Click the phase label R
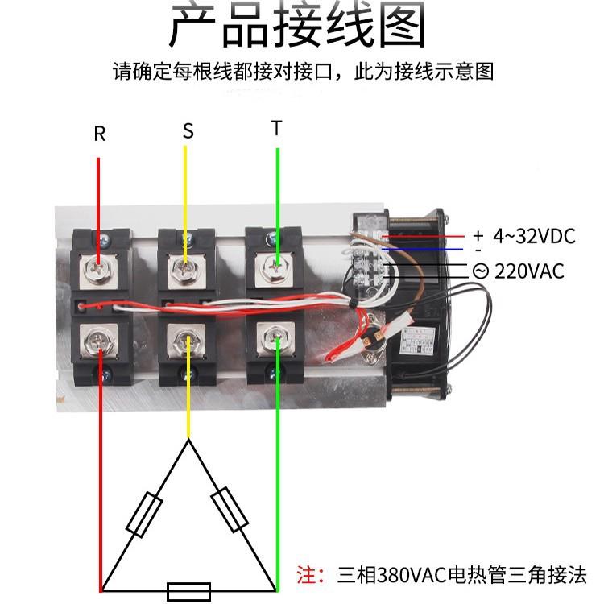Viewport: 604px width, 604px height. tap(100, 134)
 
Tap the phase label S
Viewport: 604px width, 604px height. tap(188, 131)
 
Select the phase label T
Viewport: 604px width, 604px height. tap(277, 129)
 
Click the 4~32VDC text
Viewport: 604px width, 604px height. tap(535, 236)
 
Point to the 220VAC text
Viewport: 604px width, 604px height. tap(529, 271)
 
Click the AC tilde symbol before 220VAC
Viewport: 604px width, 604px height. tap(480, 271)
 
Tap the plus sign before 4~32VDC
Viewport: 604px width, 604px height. tap(478, 236)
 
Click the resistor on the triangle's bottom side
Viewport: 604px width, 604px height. tap(188, 590)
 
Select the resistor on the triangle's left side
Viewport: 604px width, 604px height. tap(145, 516)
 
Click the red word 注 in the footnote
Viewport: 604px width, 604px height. tap(307, 575)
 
